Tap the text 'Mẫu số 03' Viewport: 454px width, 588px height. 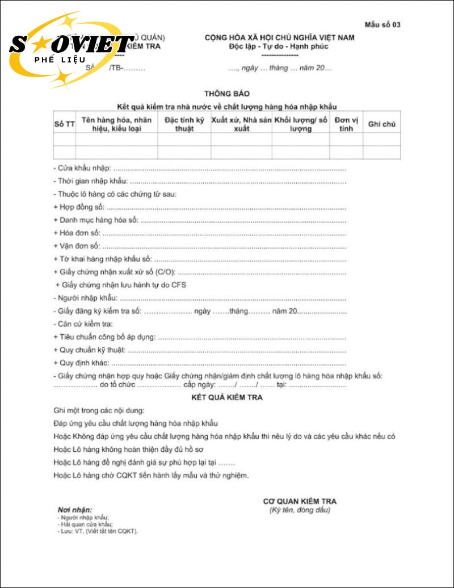tap(382, 24)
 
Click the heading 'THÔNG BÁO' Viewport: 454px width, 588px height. tap(226, 94)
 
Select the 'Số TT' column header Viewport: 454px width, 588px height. tap(64, 124)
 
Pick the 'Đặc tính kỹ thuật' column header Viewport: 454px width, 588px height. tap(184, 124)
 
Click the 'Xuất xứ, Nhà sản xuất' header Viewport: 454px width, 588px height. tap(241, 124)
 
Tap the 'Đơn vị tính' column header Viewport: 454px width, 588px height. tap(346, 124)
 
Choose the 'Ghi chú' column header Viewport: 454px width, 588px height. tap(381, 124)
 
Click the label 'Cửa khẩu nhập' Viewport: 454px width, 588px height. tap(83, 169)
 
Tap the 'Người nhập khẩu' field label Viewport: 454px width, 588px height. tap(86, 297)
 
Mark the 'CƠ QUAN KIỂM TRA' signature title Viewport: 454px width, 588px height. tap(299, 501)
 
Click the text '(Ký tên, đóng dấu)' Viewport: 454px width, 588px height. tap(299, 510)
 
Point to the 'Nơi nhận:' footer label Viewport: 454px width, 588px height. tap(74, 510)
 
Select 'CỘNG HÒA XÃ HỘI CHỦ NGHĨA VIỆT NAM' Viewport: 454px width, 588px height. tap(279, 37)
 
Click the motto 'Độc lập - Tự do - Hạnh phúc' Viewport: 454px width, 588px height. tap(279, 47)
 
